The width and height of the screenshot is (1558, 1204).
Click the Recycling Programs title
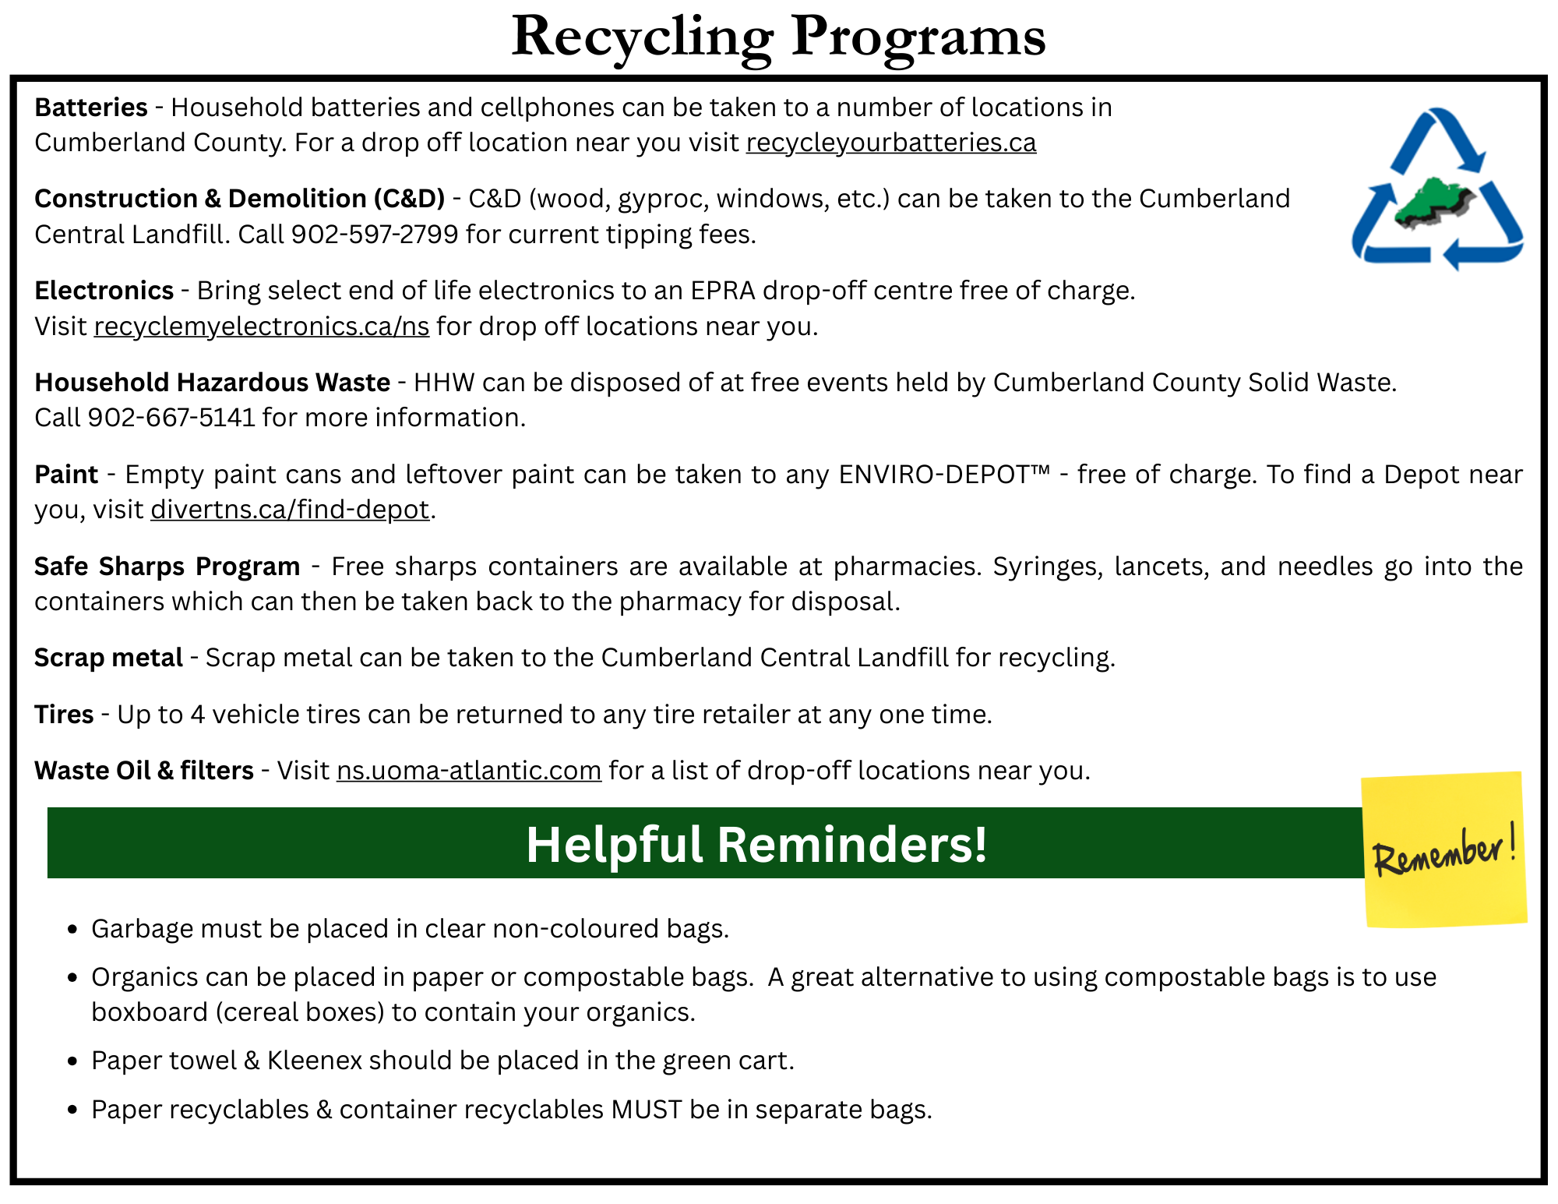tap(777, 37)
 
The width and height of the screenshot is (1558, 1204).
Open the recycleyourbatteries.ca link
tap(890, 143)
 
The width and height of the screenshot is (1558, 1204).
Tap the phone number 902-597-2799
tap(374, 235)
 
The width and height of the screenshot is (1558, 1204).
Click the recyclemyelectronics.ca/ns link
tap(261, 327)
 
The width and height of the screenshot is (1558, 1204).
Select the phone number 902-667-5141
tap(171, 418)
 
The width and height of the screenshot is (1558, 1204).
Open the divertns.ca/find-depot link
tap(290, 510)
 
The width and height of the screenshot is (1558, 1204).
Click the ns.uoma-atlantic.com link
tap(468, 771)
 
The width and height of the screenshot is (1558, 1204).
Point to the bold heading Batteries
tap(91, 108)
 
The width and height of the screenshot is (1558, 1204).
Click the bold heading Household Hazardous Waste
tap(212, 383)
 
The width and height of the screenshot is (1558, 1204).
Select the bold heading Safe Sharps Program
tap(167, 567)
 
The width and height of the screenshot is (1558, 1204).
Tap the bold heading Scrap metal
tap(108, 658)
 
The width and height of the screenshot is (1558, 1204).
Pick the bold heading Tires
tap(64, 715)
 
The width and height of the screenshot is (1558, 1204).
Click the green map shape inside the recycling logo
tap(1430, 202)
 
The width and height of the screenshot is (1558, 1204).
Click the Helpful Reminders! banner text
tap(756, 845)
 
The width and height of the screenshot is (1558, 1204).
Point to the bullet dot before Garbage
tap(72, 930)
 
